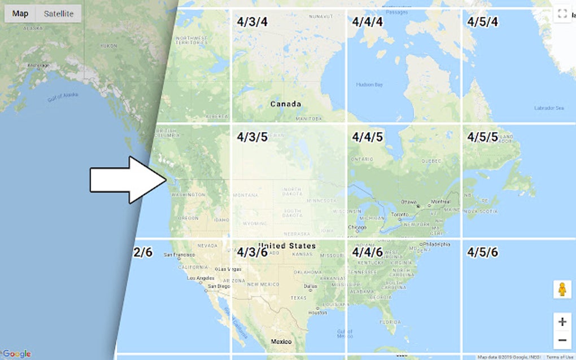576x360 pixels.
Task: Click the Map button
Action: [x=20, y=14]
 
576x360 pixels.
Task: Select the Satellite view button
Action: [x=59, y=14]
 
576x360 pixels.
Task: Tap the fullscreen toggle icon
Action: [x=562, y=14]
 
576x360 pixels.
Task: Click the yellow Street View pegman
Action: [x=562, y=289]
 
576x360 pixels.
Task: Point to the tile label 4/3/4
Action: [x=252, y=22]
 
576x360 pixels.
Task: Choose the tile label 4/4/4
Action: [x=368, y=22]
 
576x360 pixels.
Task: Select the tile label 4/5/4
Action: [x=483, y=22]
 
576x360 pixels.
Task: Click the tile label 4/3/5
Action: [x=252, y=137]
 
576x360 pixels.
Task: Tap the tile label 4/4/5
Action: [x=368, y=137]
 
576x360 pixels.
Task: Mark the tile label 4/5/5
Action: [x=483, y=137]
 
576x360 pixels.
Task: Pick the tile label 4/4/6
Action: [x=368, y=252]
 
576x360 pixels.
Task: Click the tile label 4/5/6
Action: [x=483, y=252]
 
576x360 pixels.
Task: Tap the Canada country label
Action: [x=286, y=104]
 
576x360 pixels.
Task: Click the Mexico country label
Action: [x=281, y=342]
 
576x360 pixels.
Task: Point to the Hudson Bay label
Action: [x=369, y=85]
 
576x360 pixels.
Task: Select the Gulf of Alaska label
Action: [x=63, y=97]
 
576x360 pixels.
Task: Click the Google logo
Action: [x=17, y=354]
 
